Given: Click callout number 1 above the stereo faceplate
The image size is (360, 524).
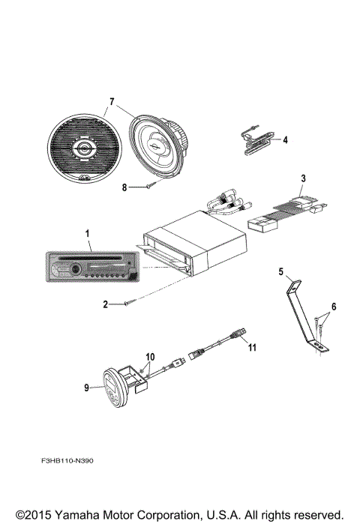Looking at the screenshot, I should point(88,235).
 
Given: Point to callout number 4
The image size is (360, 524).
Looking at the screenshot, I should point(285,139).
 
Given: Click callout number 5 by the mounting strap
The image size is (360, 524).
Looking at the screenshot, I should point(281,271).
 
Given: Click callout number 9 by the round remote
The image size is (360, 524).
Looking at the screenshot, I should point(88,388).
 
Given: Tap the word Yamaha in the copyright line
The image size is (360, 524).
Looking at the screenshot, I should point(74,514).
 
